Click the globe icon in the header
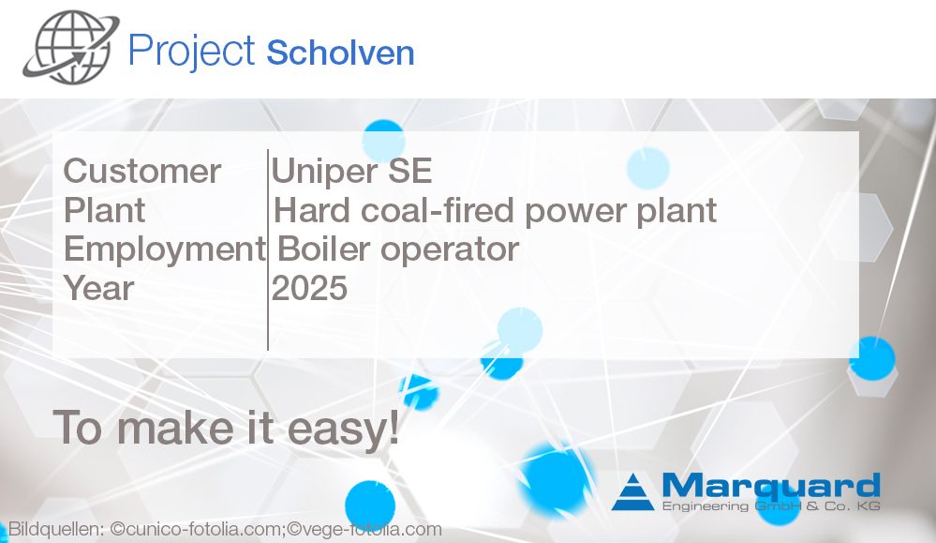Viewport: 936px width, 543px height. click(x=70, y=47)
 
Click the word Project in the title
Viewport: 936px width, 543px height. click(x=192, y=52)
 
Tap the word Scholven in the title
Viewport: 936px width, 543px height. click(x=340, y=53)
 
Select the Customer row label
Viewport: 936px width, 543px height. click(x=142, y=171)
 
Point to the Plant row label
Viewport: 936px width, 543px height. click(x=104, y=210)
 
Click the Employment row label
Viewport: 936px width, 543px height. click(x=164, y=249)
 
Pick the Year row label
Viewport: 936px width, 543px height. click(x=98, y=288)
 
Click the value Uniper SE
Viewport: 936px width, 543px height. click(x=351, y=171)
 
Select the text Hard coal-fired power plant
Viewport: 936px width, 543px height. click(x=495, y=211)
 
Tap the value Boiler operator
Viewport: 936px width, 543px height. click(x=398, y=249)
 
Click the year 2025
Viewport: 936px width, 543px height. click(x=309, y=288)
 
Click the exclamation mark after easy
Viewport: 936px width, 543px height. click(x=394, y=426)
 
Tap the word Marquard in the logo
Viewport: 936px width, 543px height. click(x=771, y=486)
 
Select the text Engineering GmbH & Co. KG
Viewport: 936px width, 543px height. click(x=771, y=506)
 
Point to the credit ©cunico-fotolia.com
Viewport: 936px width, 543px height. click(x=196, y=529)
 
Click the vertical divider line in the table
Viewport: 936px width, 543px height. click(x=268, y=249)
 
